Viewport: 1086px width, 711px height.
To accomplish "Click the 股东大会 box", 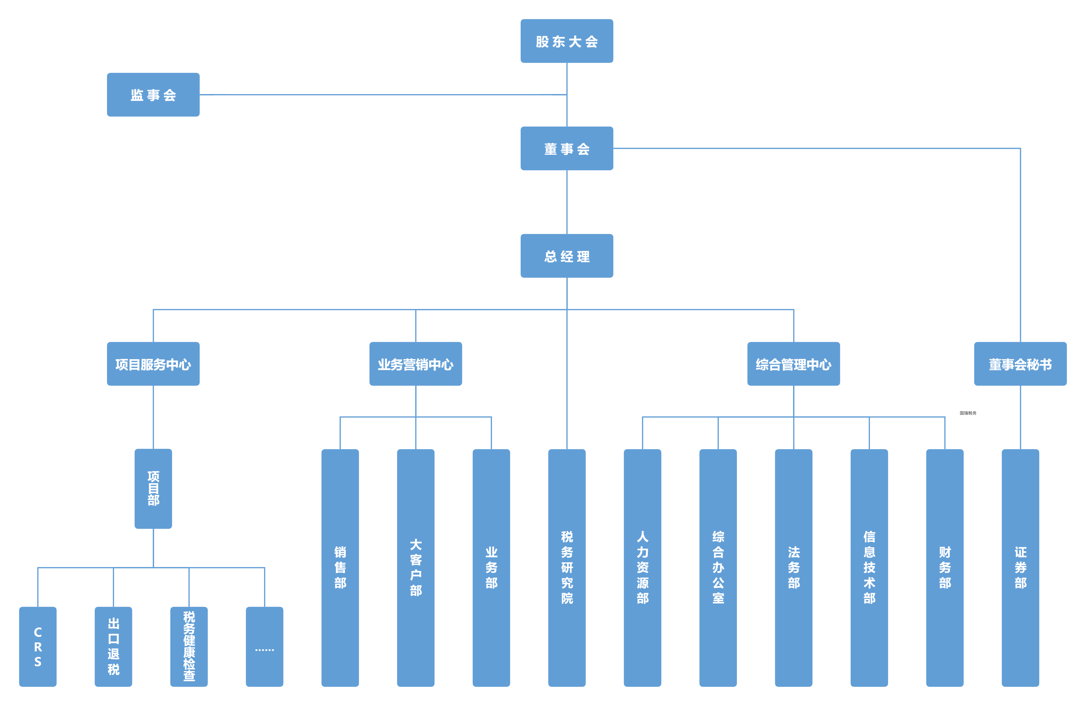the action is (x=567, y=41).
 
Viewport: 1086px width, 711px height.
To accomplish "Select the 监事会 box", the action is (x=153, y=95).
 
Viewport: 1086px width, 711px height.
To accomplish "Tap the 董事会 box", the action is (x=567, y=149).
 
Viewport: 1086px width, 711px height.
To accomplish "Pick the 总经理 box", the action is (x=567, y=256).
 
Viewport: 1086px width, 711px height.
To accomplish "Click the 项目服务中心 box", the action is (x=153, y=364).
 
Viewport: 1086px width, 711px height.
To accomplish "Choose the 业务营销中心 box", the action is (x=416, y=364).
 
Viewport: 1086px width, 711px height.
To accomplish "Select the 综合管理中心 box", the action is (x=794, y=364).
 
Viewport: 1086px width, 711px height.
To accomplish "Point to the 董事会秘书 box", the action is (x=1020, y=364).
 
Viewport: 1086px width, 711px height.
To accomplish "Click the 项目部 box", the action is (x=153, y=489).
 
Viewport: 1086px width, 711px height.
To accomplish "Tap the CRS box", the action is (x=38, y=647).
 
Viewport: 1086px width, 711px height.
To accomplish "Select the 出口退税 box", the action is (x=114, y=647).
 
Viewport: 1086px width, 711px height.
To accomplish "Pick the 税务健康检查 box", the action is (x=189, y=647).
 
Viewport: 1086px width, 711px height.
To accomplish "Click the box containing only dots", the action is (x=265, y=647).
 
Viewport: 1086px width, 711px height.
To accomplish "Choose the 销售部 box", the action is (x=341, y=568).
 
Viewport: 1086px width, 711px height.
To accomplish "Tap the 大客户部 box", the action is (x=416, y=568).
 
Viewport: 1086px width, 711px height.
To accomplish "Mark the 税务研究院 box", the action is (x=567, y=568).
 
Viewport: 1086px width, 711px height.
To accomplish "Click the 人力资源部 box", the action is (x=642, y=568).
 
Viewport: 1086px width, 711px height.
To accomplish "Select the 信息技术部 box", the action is (x=869, y=568).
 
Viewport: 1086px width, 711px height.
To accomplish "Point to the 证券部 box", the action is (x=1020, y=568).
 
